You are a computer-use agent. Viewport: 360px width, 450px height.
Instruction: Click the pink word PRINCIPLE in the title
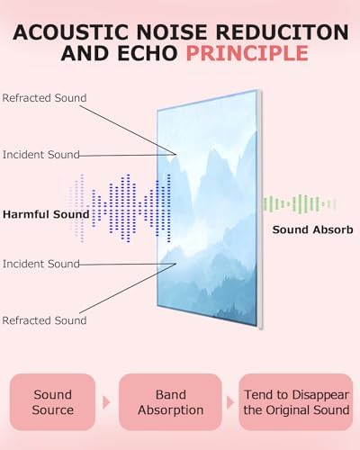point(247,53)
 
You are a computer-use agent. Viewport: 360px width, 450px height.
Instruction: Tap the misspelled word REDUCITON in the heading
point(282,31)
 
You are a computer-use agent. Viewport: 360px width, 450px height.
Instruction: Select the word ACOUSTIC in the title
point(70,31)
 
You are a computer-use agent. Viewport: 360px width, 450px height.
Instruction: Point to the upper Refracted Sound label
point(44,98)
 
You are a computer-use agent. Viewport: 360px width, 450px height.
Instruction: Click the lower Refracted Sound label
point(44,320)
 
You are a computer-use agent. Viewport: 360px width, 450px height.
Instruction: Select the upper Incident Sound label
point(41,155)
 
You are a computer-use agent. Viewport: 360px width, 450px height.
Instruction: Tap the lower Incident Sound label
point(41,264)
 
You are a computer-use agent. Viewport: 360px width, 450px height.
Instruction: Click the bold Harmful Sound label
point(46,214)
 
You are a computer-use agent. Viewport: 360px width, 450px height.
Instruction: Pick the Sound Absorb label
point(312,229)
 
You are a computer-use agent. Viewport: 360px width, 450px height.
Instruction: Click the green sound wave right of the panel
point(299,204)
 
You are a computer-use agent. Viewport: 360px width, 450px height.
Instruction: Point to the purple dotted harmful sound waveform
point(120,208)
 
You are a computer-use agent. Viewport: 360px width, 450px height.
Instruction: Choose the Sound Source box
point(52,402)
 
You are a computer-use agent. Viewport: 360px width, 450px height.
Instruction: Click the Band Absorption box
point(170,402)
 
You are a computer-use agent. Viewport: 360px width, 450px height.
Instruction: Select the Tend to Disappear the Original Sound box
point(296,402)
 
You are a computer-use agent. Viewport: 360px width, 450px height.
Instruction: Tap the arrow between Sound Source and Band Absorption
point(106,402)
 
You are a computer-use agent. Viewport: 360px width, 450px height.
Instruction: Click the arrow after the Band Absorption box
point(229,402)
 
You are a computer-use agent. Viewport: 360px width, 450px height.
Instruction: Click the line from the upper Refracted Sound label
point(128,130)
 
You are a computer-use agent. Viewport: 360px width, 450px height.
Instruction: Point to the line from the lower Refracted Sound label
point(128,289)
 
